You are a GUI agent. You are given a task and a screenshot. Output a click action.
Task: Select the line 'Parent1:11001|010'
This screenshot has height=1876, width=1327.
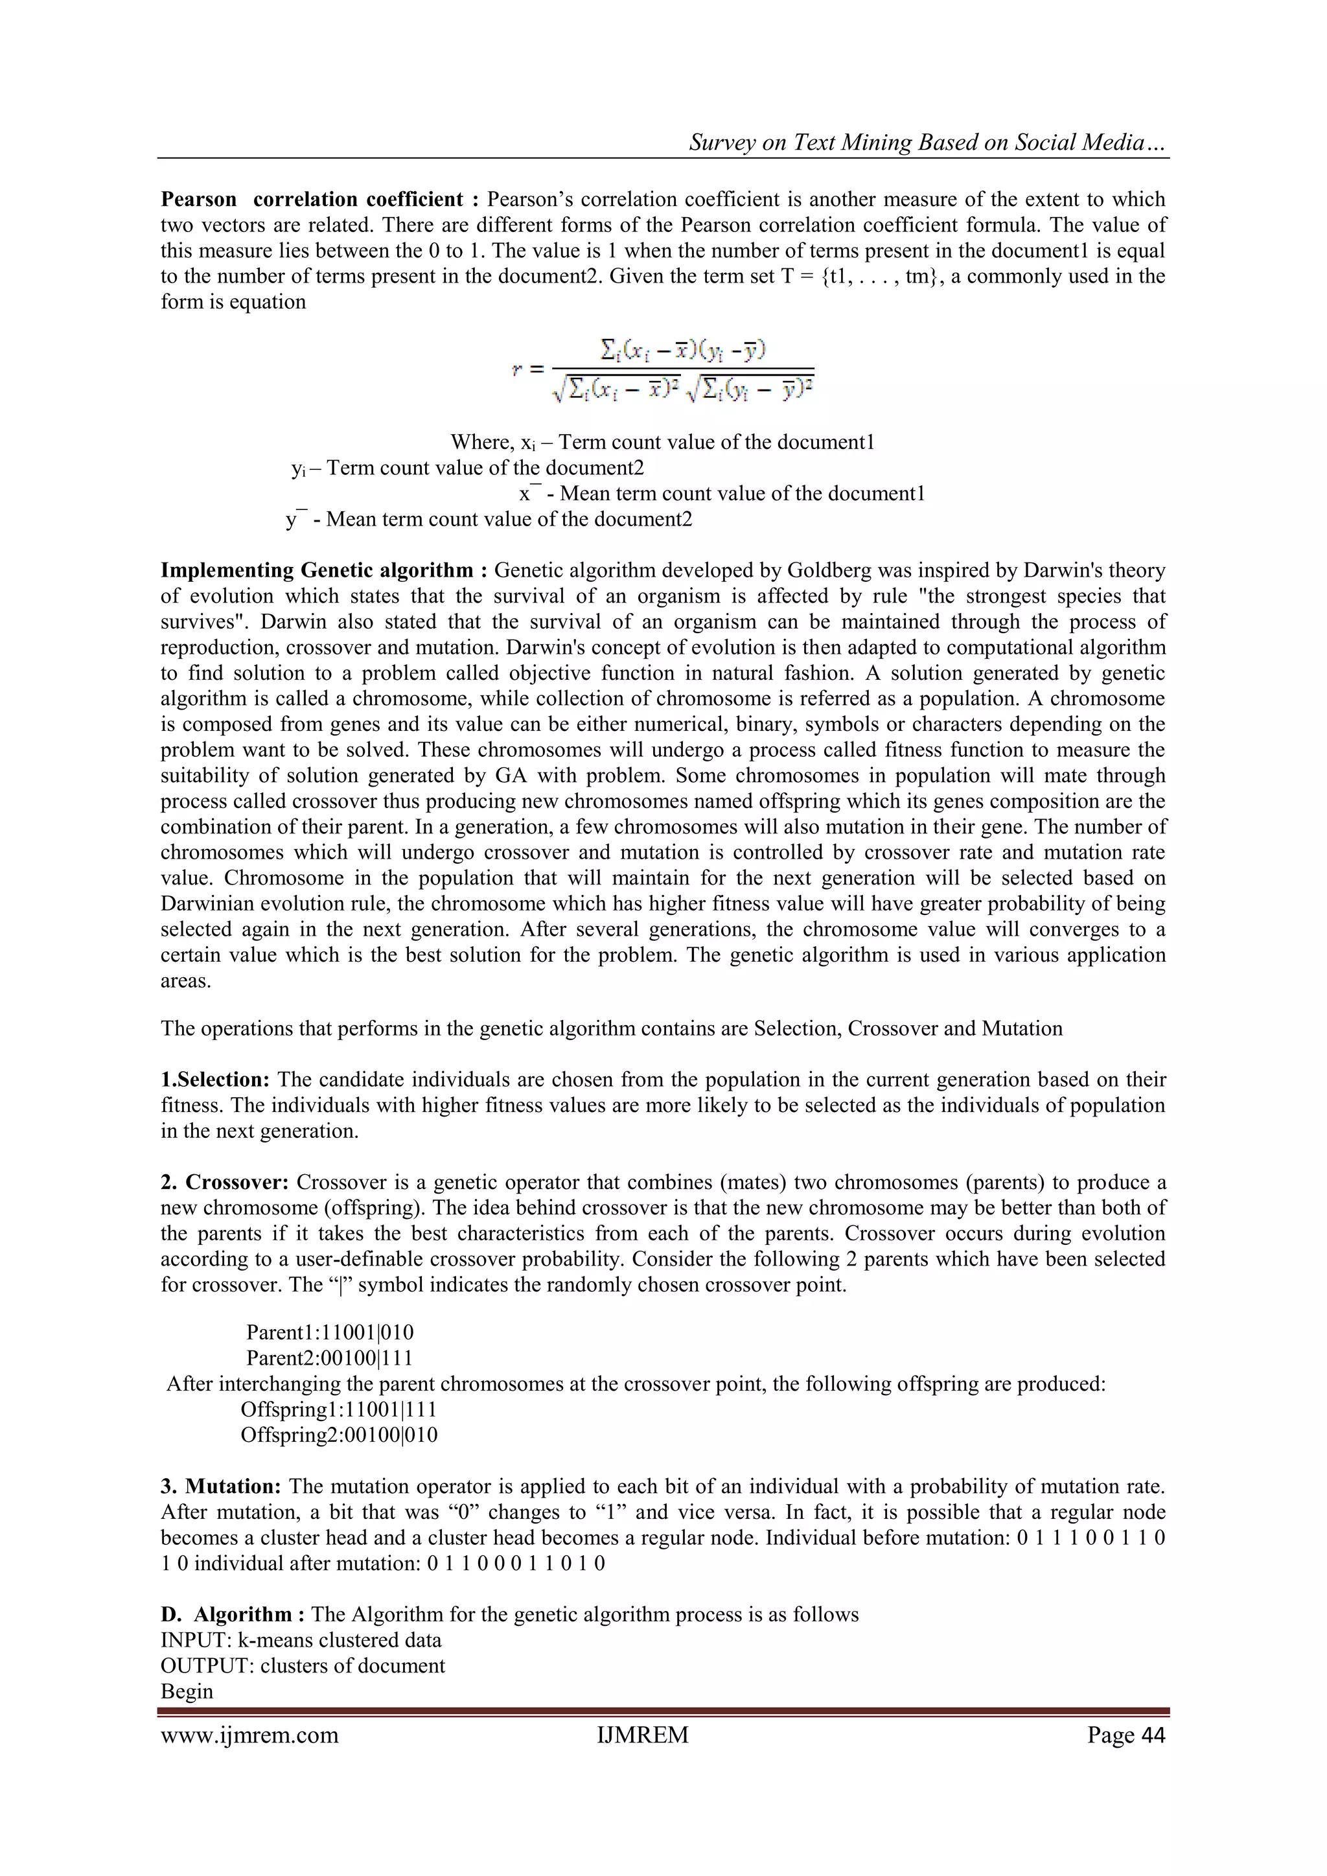coord(330,1333)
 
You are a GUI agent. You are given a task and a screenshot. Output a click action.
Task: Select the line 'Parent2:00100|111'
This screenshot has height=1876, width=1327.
coord(330,1358)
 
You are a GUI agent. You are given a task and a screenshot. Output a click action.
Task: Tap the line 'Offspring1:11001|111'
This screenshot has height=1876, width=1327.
coord(338,1409)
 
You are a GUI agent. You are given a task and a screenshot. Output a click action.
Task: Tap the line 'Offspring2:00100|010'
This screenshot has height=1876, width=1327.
coord(338,1435)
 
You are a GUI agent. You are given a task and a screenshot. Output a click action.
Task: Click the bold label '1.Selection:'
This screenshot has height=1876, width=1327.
coord(215,1080)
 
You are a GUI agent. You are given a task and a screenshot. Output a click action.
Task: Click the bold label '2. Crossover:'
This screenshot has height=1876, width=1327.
coord(225,1183)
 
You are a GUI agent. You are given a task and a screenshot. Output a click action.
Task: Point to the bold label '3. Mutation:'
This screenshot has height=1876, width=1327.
coord(222,1487)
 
